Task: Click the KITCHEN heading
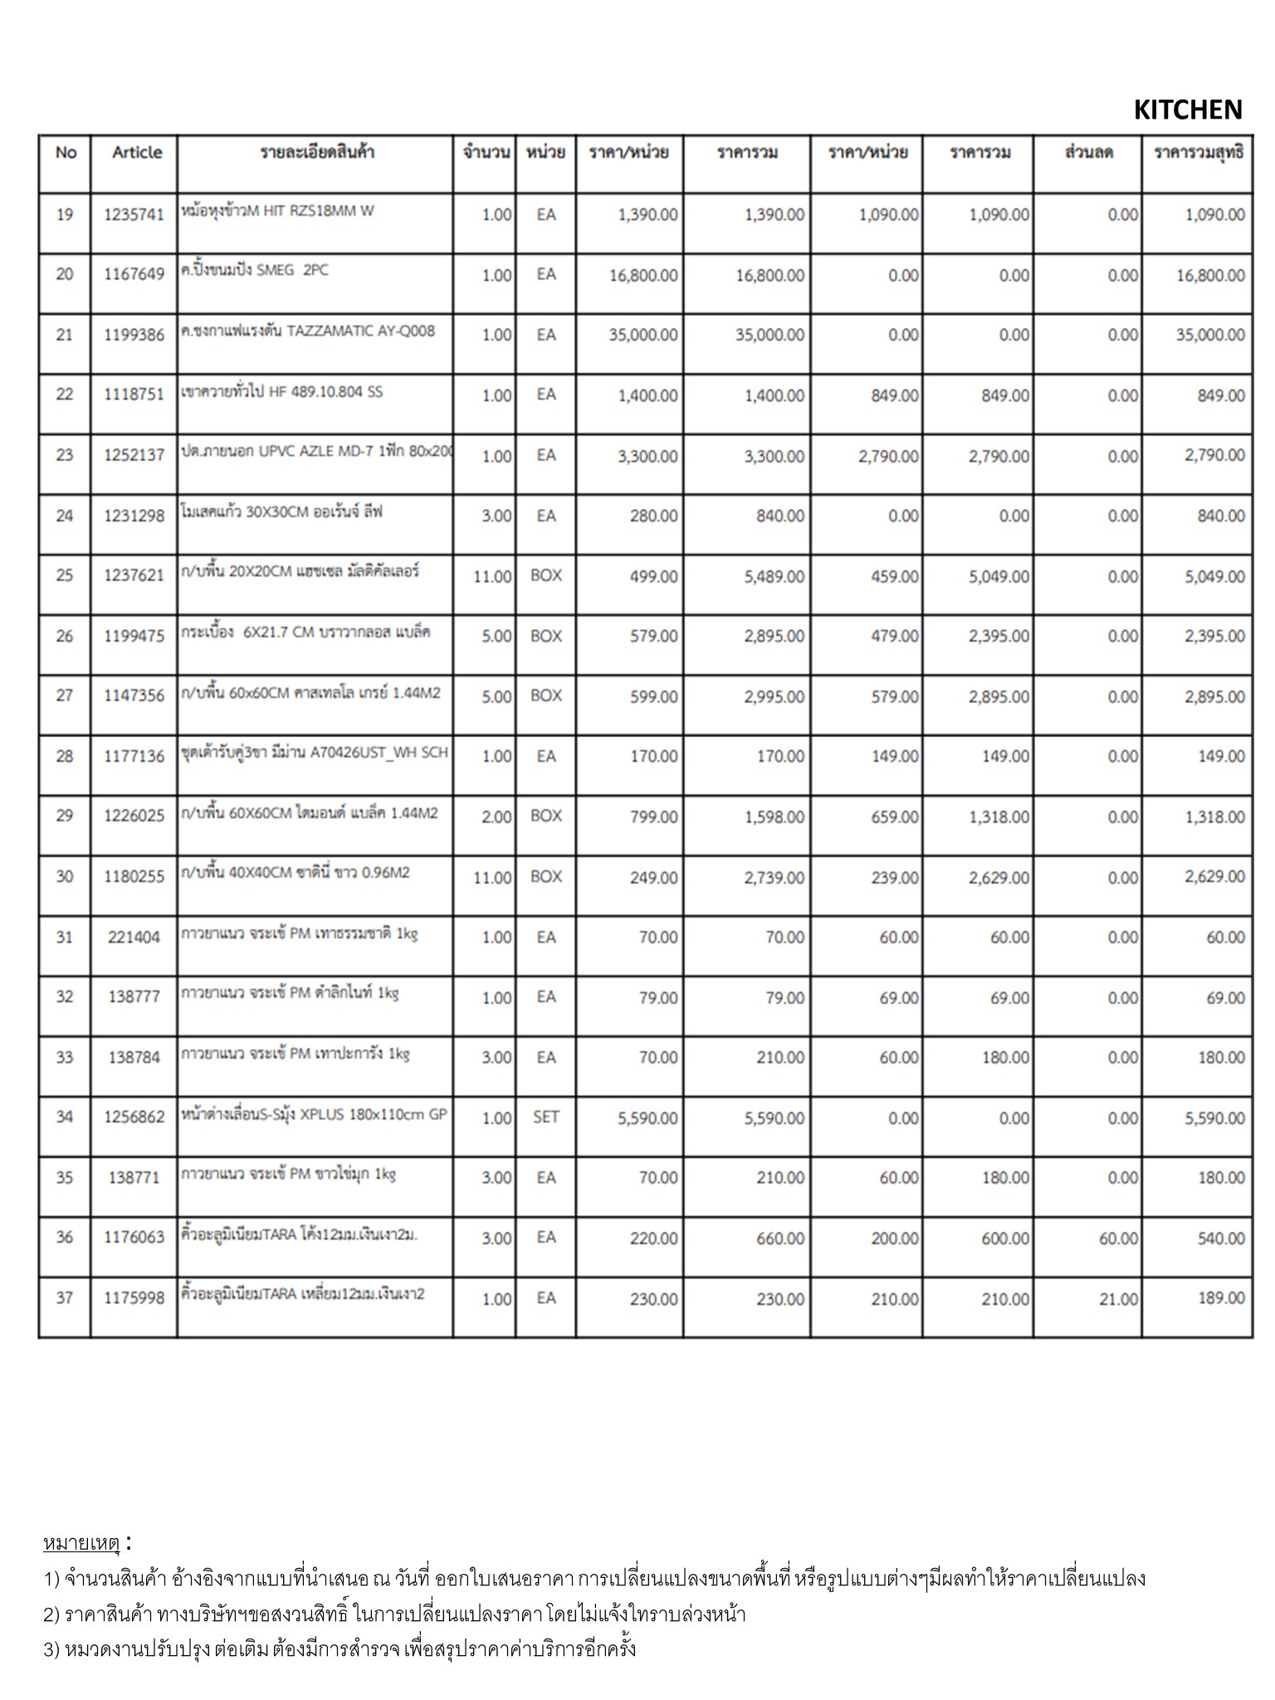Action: pos(1187,110)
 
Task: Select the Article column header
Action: pos(137,153)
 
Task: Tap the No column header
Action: pos(66,153)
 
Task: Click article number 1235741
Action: pos(134,215)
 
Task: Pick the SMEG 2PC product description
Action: pos(254,271)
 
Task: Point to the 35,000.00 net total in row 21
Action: pos(1209,335)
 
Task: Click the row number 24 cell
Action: pos(65,515)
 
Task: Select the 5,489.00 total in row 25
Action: pos(774,576)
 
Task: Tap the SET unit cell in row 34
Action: pos(545,1117)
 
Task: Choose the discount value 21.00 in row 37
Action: pos(1118,1299)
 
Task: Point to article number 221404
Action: pos(134,937)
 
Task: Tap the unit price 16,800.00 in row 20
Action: pos(642,276)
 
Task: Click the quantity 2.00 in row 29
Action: pos(496,817)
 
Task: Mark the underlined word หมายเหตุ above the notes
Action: pos(81,1543)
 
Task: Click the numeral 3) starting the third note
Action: pos(51,1649)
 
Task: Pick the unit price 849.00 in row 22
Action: pos(894,396)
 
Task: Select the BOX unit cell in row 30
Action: pos(545,877)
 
